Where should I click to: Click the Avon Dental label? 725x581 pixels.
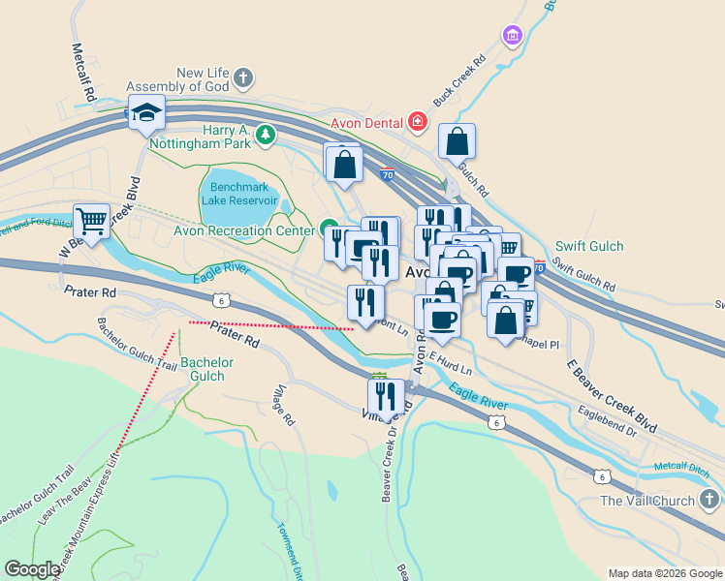(366, 123)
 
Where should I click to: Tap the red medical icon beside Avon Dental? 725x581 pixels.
(417, 121)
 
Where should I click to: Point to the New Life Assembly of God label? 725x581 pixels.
(203, 79)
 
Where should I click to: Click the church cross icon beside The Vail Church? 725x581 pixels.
(709, 500)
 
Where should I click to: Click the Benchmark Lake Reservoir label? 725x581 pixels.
(238, 192)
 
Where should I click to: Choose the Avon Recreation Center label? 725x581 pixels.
(244, 230)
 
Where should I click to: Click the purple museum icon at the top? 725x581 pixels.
(512, 36)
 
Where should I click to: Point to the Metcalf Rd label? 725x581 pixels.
(82, 72)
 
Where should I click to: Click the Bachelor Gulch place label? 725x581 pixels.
(206, 369)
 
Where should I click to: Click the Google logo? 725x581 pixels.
(32, 570)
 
